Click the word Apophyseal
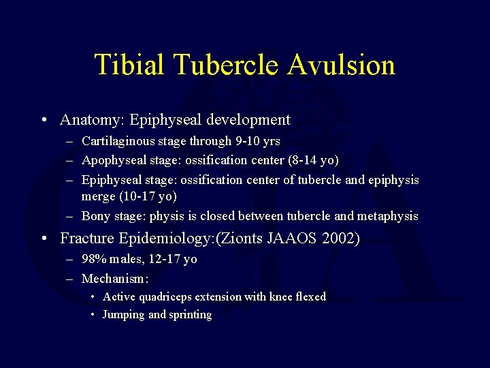click(x=112, y=160)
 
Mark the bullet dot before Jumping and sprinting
click(x=93, y=315)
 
